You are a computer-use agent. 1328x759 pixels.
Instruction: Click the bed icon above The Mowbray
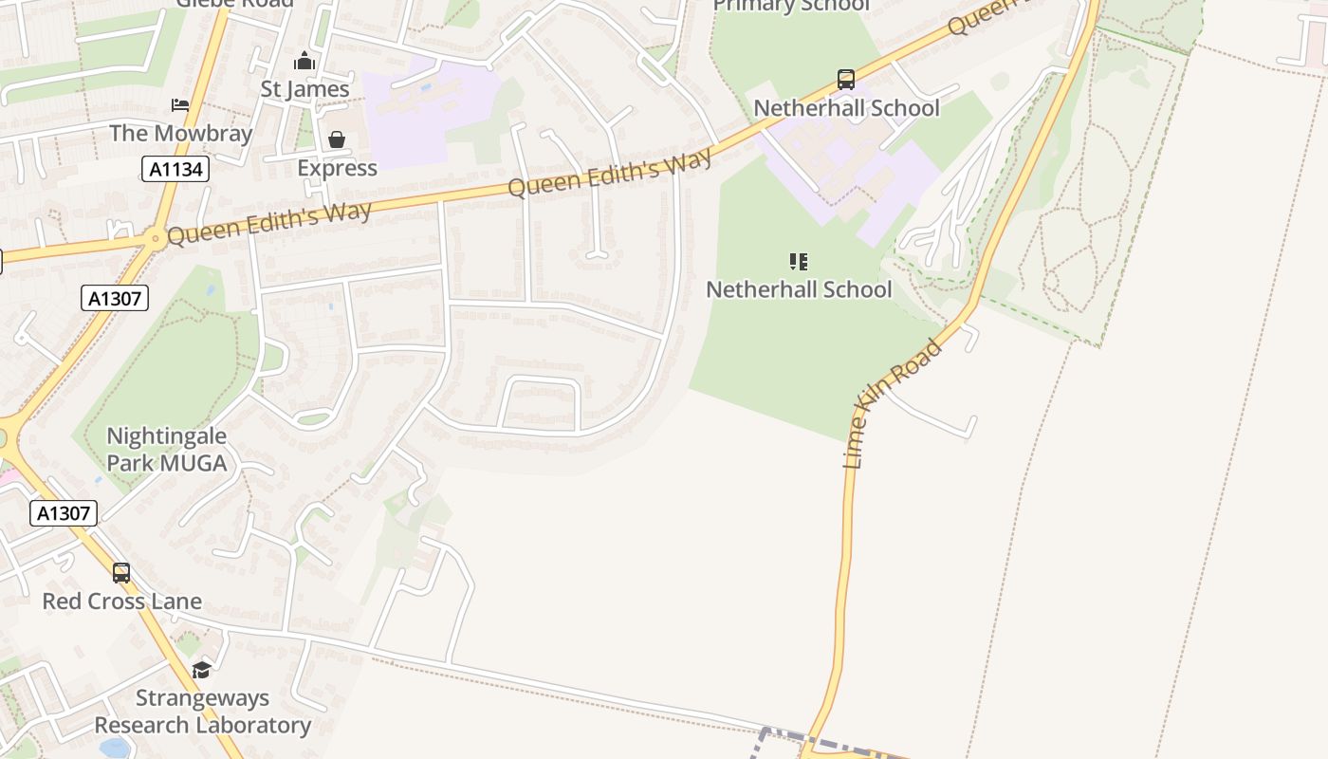click(x=180, y=104)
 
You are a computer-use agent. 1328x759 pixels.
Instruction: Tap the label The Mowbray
click(x=180, y=133)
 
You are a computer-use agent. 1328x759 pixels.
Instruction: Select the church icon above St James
click(x=304, y=62)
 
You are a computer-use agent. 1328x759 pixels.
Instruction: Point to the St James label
click(x=304, y=89)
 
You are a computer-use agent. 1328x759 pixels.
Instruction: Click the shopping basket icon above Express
click(x=337, y=140)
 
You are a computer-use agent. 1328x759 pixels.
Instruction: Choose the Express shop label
click(x=337, y=168)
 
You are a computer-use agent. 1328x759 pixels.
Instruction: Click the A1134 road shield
click(x=175, y=170)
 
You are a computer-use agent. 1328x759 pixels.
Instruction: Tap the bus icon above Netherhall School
click(x=845, y=80)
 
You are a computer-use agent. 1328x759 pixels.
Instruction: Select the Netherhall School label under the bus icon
click(x=846, y=108)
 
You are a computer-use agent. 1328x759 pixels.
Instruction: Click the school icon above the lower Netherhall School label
click(x=799, y=261)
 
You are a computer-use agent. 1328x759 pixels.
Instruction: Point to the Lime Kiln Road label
click(x=893, y=403)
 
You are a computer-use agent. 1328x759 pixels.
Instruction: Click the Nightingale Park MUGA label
click(x=167, y=450)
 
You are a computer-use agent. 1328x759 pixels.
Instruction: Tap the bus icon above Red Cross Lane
click(x=121, y=573)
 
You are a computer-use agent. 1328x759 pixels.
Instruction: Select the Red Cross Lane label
click(x=121, y=602)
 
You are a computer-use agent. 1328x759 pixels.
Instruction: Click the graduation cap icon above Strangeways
click(x=202, y=671)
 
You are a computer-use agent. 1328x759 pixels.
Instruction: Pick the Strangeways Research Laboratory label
click(x=202, y=712)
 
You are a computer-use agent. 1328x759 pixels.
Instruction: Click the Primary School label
click(x=790, y=6)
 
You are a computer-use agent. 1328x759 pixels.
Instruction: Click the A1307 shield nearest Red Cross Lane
click(x=64, y=513)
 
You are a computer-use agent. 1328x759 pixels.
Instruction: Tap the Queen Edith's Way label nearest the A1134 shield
click(x=268, y=221)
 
